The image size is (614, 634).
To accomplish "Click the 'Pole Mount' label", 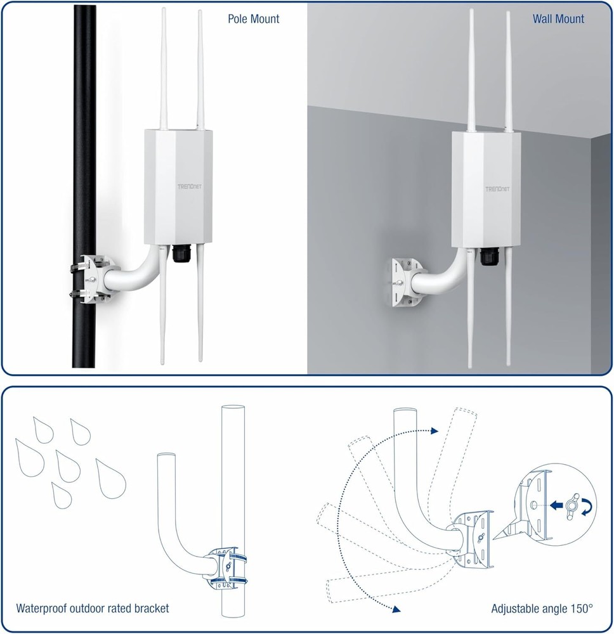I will [x=254, y=19].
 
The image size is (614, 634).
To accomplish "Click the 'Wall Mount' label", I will [x=558, y=19].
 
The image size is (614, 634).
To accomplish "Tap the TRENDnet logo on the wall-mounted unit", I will [x=497, y=189].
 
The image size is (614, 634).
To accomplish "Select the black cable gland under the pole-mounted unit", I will [x=179, y=254].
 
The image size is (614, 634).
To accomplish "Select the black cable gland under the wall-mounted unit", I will [x=488, y=256].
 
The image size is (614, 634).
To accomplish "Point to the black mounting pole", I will [x=84, y=127].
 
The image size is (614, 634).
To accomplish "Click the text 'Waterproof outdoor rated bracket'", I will [x=93, y=609].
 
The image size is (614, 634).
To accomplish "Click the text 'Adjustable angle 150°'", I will [x=542, y=609].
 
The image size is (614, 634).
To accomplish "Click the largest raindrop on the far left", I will [x=29, y=456].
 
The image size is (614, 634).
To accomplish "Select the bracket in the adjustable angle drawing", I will [x=473, y=538].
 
